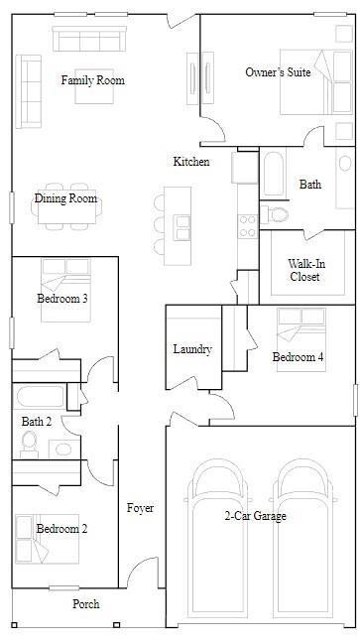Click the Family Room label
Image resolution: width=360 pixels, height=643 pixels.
pos(92,80)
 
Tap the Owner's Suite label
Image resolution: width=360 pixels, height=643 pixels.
pos(278,72)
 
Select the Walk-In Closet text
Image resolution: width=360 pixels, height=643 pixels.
pos(304,270)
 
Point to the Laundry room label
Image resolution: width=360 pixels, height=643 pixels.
pos(192,349)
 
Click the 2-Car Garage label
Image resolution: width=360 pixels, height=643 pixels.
pos(255,515)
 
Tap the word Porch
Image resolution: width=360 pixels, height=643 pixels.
pos(86,603)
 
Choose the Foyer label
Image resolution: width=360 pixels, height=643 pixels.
pos(140,508)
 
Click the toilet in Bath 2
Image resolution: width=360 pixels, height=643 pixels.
pos(29,445)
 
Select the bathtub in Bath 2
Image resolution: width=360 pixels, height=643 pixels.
pos(41,396)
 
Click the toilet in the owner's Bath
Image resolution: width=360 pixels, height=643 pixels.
pos(275,214)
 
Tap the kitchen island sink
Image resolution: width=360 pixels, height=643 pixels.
pos(181,227)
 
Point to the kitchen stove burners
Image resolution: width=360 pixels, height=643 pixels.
pos(247,226)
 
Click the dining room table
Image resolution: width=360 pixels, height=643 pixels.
pos(66,206)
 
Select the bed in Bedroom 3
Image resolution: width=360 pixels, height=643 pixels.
pos(65,290)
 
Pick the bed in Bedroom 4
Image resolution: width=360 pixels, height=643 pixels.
pos(301,340)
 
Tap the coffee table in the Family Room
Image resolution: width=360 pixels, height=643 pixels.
pos(94,86)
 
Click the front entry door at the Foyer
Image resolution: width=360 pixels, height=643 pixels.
pos(143,572)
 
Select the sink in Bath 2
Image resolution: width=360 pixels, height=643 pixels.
pos(63,450)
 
